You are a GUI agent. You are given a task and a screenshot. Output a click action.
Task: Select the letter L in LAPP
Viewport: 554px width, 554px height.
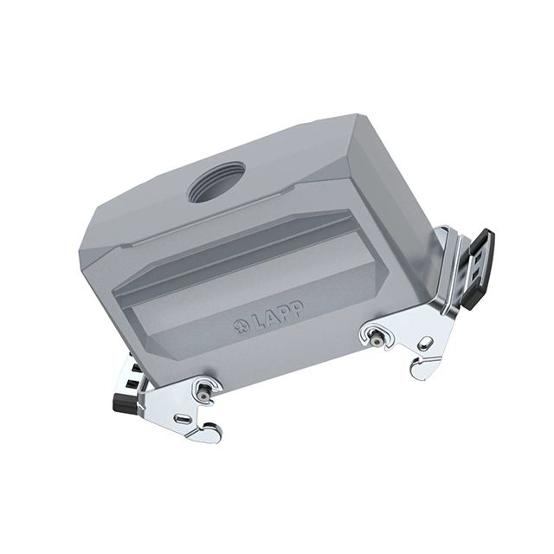(257, 323)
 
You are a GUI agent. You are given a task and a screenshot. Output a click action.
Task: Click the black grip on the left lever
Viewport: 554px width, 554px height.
(125, 403)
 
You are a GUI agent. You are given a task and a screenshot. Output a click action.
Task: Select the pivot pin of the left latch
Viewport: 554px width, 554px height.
(204, 396)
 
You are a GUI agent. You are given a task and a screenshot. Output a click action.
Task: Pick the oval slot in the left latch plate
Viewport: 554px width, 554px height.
(183, 418)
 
